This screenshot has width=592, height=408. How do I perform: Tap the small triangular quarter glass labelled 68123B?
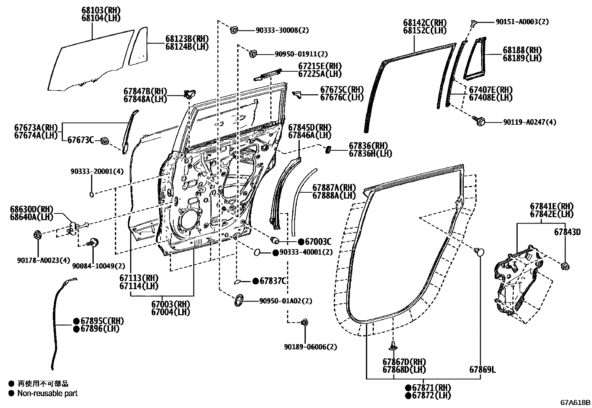pyautogui.click(x=138, y=48)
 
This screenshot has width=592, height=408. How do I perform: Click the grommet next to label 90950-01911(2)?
pyautogui.click(x=253, y=53)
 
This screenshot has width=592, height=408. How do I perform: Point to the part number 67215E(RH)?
pyautogui.click(x=319, y=66)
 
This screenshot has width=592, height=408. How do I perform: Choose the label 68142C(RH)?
pyautogui.click(x=425, y=23)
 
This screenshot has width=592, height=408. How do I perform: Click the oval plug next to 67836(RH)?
pyautogui.click(x=328, y=150)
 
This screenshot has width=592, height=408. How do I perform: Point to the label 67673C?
pyautogui.click(x=80, y=140)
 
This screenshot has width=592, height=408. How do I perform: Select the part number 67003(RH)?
pyautogui.click(x=170, y=304)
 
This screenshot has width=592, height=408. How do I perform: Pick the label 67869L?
pyautogui.click(x=482, y=369)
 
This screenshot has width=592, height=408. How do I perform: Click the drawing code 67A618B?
pyautogui.click(x=575, y=402)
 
